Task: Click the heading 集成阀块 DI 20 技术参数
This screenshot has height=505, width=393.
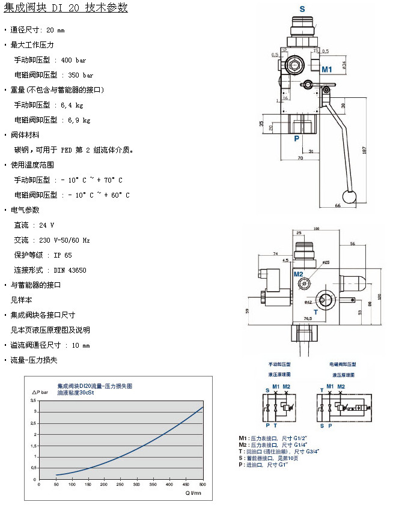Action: pos(65,8)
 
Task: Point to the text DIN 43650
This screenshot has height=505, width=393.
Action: pos(70,270)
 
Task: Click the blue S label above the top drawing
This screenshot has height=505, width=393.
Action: pos(302,9)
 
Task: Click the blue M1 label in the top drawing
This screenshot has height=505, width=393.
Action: pos(326,70)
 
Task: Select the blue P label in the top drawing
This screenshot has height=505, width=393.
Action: pos(296,139)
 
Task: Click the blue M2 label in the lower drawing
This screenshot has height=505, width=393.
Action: pos(299,274)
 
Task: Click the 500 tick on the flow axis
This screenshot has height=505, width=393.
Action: pos(203,485)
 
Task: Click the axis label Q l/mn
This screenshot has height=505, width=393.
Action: pos(192,493)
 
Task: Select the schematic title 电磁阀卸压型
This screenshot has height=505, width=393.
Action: pos(343,364)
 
